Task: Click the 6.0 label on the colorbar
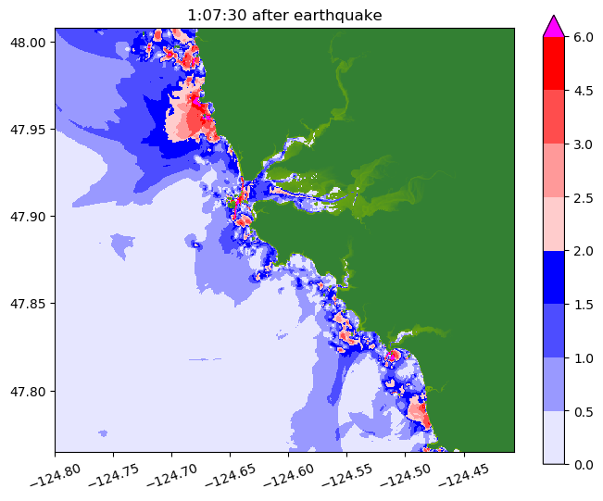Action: [x=584, y=37]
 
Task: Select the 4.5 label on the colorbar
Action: [x=584, y=91]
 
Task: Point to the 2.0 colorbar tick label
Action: [x=584, y=250]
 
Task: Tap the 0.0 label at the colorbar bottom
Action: [x=584, y=463]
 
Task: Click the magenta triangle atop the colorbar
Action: [x=553, y=26]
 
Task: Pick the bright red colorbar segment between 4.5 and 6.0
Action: [x=553, y=64]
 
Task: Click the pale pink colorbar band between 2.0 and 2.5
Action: [x=553, y=223]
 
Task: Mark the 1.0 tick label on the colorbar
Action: [x=584, y=357]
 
